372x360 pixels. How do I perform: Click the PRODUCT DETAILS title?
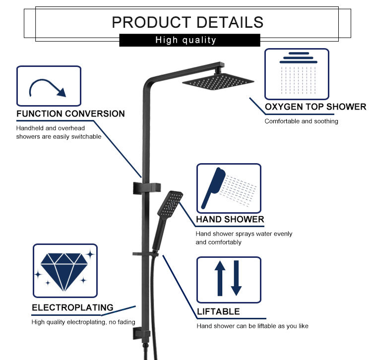pyautogui.click(x=187, y=22)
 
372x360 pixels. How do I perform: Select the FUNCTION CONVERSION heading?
pyautogui.click(x=70, y=114)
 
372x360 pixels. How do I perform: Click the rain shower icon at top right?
pyautogui.click(x=297, y=74)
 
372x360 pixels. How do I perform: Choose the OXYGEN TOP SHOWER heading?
pyautogui.click(x=315, y=107)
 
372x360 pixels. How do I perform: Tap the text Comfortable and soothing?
pyautogui.click(x=301, y=121)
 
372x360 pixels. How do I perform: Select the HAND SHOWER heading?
pyautogui.click(x=230, y=219)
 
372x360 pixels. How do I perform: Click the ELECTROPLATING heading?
pyautogui.click(x=72, y=307)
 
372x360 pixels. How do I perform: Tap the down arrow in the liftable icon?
pyautogui.click(x=236, y=279)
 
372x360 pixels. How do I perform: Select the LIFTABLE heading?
pyautogui.click(x=218, y=311)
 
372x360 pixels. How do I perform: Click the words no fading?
pyautogui.click(x=122, y=322)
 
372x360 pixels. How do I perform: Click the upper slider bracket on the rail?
pyautogui.click(x=147, y=187)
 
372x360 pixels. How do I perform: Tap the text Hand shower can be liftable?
pyautogui.click(x=238, y=326)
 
